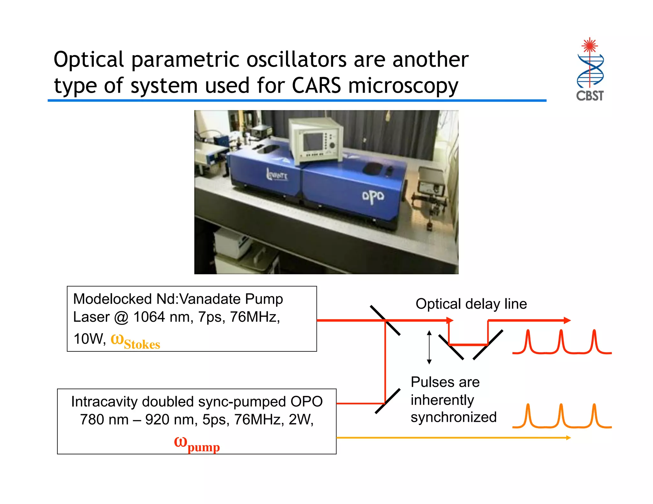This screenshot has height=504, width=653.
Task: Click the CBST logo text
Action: (590, 96)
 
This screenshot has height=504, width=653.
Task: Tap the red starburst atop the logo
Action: (590, 46)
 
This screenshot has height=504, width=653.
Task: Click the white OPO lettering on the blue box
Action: (373, 196)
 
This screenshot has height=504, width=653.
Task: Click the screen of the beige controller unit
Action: (313, 142)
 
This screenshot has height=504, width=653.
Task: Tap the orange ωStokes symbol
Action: (135, 341)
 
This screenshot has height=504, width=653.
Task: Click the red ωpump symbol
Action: (197, 444)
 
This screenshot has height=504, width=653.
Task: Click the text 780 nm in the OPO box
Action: (104, 420)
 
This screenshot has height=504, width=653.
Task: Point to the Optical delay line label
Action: (471, 304)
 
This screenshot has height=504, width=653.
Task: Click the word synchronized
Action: (453, 417)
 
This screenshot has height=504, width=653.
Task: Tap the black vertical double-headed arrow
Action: (429, 347)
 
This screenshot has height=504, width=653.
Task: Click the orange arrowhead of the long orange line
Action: (568, 438)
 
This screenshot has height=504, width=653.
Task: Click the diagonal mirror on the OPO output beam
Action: (387, 401)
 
